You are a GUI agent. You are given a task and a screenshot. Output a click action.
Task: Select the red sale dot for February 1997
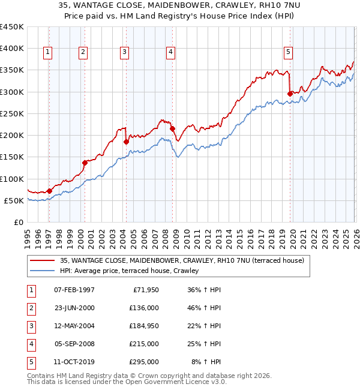click(49, 191)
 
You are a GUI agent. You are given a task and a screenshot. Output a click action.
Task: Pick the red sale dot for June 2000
click(85, 163)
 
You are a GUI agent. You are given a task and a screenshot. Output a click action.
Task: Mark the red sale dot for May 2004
click(126, 142)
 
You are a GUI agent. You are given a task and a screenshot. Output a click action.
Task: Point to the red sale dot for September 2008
click(172, 128)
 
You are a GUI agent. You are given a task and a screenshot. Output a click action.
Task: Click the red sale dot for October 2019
click(290, 94)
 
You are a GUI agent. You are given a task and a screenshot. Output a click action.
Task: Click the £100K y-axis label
click(13, 179)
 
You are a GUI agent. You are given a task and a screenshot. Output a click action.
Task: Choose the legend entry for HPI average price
click(133, 271)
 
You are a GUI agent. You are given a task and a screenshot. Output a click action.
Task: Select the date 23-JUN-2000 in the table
click(74, 308)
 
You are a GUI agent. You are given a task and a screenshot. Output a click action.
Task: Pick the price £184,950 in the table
click(143, 326)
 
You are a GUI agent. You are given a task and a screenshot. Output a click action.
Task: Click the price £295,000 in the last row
click(143, 362)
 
